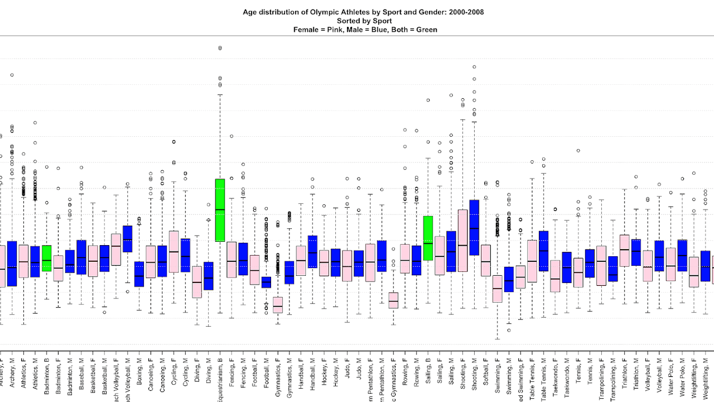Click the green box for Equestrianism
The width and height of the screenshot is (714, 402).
coord(220,210)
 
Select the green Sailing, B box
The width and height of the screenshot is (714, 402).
coord(428,238)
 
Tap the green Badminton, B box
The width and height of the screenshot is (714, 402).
coord(47,258)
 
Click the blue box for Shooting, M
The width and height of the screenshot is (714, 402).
coord(474,227)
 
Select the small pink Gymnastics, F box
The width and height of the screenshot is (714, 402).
coord(277,305)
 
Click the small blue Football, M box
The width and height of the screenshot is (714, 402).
coord(266,282)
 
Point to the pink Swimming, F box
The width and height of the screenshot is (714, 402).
coord(497,289)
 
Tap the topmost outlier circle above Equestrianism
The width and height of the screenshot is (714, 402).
coord(220,48)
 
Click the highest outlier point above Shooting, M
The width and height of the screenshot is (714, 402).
coord(474,66)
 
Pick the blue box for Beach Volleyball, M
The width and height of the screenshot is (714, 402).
coord(128,239)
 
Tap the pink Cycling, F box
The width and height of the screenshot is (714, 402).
coord(174,251)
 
